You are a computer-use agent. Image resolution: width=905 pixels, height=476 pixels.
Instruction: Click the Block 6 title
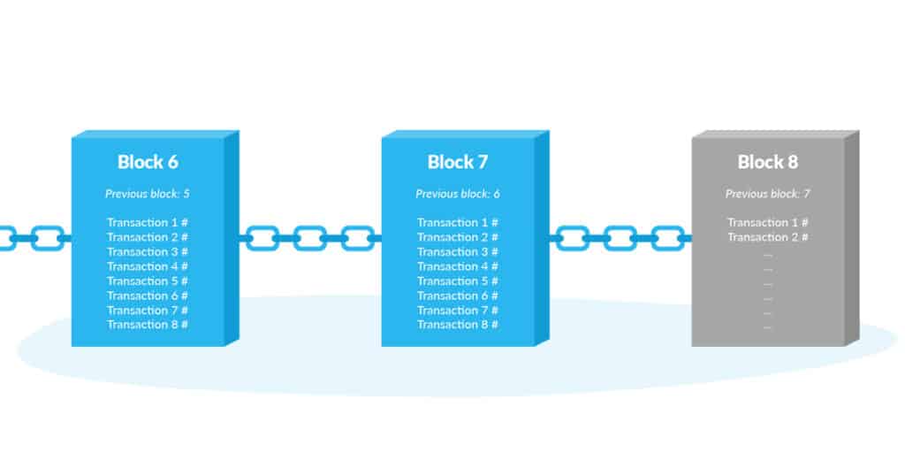click(148, 162)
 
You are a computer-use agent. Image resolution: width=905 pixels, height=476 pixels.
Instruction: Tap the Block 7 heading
click(458, 162)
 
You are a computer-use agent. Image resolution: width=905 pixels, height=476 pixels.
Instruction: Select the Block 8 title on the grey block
click(768, 162)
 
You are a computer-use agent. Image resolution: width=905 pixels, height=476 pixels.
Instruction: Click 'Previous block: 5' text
click(148, 194)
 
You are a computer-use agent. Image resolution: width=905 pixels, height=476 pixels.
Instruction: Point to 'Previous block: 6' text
click(458, 194)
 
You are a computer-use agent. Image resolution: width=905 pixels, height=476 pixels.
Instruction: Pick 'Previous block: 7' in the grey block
click(768, 194)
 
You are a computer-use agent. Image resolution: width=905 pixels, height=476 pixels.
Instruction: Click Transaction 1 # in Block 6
click(148, 223)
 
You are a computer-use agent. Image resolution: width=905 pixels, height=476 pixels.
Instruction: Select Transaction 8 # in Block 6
click(148, 325)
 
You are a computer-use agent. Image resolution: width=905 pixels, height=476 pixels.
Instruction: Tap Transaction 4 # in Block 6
click(148, 266)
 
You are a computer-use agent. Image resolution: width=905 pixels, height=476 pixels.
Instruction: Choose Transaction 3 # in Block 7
click(458, 252)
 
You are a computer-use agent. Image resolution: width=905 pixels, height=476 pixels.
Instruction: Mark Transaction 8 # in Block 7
click(458, 325)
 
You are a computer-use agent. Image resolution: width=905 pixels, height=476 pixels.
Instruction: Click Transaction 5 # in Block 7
click(458, 281)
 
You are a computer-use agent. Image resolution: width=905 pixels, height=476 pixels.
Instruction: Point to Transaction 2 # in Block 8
click(768, 237)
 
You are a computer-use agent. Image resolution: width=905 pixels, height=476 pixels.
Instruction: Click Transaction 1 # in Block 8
click(768, 223)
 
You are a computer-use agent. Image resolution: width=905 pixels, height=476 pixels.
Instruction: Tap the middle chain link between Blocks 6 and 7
click(310, 238)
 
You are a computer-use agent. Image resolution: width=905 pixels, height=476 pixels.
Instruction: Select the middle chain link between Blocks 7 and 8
click(620, 238)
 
